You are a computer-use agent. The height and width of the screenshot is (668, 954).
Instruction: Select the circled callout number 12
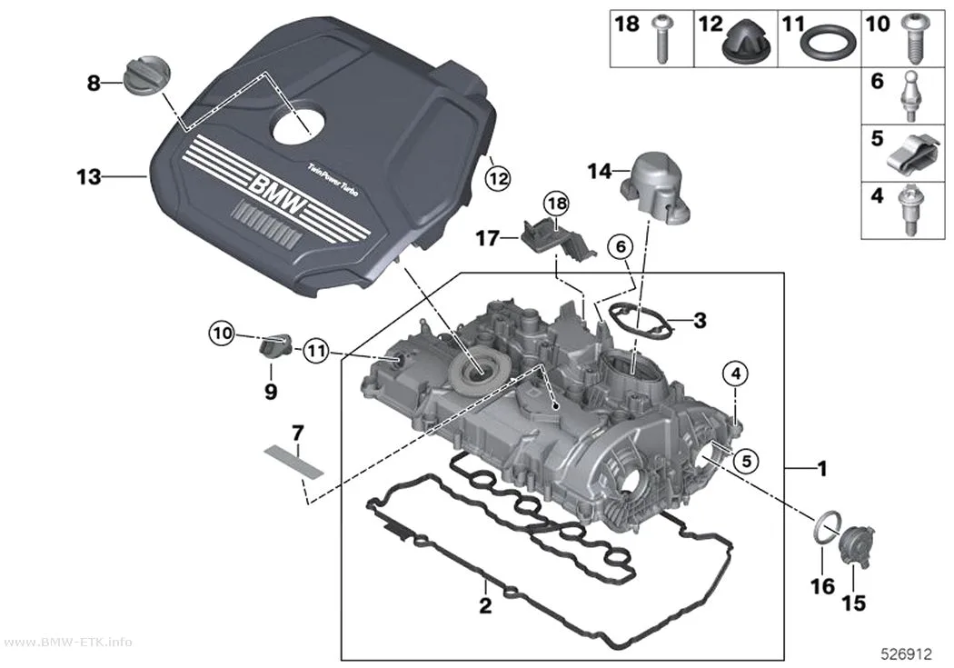(498, 179)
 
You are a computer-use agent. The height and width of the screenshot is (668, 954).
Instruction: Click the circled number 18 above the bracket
(557, 204)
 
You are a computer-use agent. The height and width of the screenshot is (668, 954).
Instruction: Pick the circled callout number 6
(621, 246)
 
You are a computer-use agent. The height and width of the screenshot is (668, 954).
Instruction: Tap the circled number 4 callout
(736, 374)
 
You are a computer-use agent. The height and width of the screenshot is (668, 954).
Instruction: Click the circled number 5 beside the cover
(746, 461)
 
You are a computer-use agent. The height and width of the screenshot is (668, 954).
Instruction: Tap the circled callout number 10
(222, 334)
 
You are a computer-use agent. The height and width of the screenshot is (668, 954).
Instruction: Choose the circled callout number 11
(316, 351)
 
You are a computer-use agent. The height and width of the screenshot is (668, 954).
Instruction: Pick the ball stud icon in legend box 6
(909, 97)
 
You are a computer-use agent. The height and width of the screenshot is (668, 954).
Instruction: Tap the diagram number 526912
(907, 654)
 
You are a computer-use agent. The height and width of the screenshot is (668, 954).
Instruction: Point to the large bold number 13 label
(89, 177)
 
